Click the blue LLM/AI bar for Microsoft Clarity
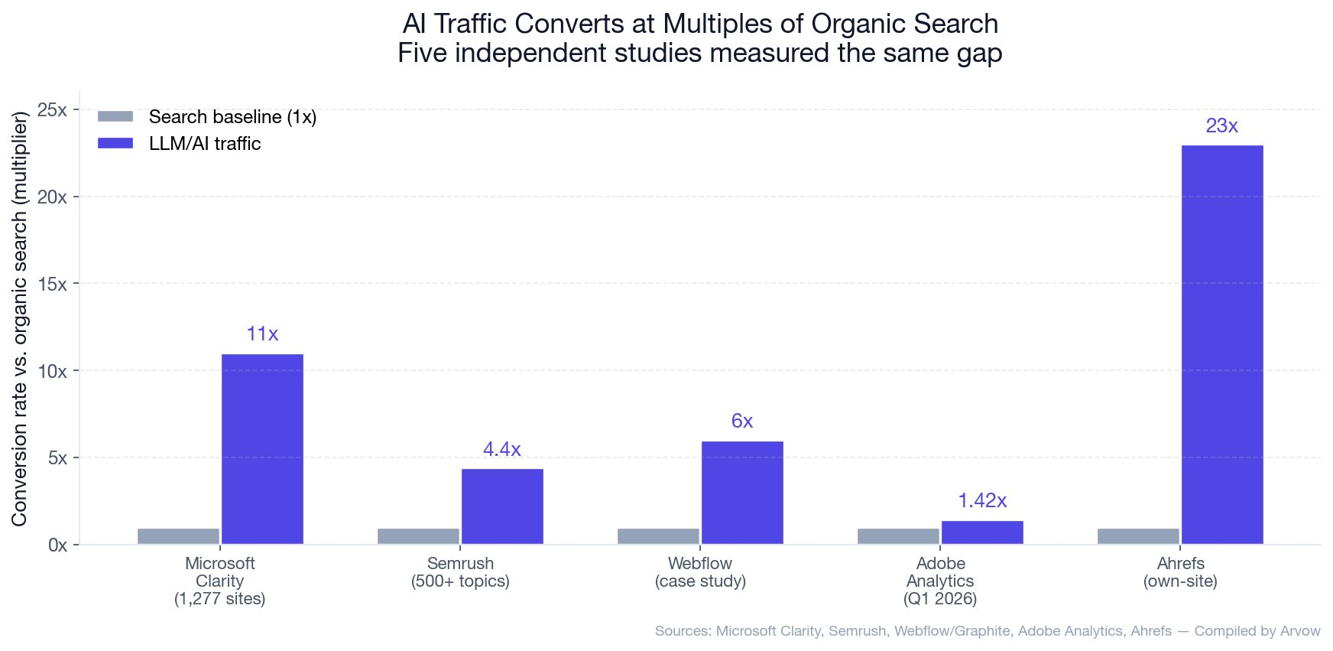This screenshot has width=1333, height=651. click(262, 449)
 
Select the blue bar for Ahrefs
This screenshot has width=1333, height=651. click(1222, 344)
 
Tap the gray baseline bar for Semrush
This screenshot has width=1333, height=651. click(418, 536)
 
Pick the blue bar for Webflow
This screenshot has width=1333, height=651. click(742, 493)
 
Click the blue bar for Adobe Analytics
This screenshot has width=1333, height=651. click(982, 532)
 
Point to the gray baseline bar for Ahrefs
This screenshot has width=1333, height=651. click(1138, 536)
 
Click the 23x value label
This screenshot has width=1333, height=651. click(1221, 126)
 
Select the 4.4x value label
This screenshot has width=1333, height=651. click(501, 450)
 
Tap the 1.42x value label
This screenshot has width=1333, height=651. click(982, 501)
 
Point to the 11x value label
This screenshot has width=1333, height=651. click(262, 334)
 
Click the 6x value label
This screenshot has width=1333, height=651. click(742, 422)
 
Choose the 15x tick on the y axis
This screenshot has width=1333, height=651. click(52, 284)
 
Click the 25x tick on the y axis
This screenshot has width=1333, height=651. click(52, 110)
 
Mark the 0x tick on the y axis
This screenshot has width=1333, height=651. click(57, 545)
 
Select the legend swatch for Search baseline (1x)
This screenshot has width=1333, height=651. click(115, 117)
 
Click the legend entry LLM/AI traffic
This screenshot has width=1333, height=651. click(205, 144)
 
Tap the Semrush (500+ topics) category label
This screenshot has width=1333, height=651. click(460, 572)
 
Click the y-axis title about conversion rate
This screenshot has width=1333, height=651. click(19, 318)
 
